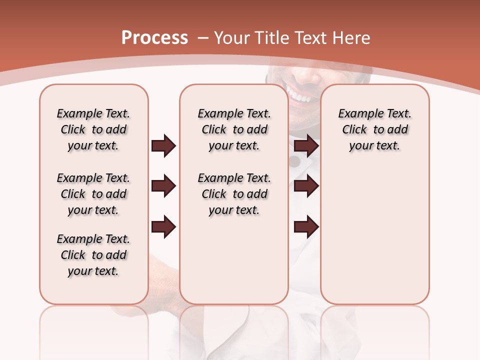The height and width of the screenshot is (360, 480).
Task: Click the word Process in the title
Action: [x=154, y=38]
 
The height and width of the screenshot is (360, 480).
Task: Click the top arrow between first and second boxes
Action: [x=163, y=146]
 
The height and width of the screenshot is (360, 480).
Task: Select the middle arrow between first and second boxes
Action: [x=163, y=186]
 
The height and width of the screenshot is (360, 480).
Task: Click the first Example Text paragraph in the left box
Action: [x=93, y=129]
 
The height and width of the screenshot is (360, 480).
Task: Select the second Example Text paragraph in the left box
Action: [x=93, y=194]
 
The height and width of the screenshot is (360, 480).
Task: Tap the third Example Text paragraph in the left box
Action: [x=93, y=255]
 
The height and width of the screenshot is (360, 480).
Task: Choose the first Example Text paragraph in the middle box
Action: [x=234, y=129]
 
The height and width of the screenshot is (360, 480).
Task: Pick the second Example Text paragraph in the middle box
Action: [x=234, y=194]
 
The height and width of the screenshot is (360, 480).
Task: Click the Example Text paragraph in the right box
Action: [x=374, y=129]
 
